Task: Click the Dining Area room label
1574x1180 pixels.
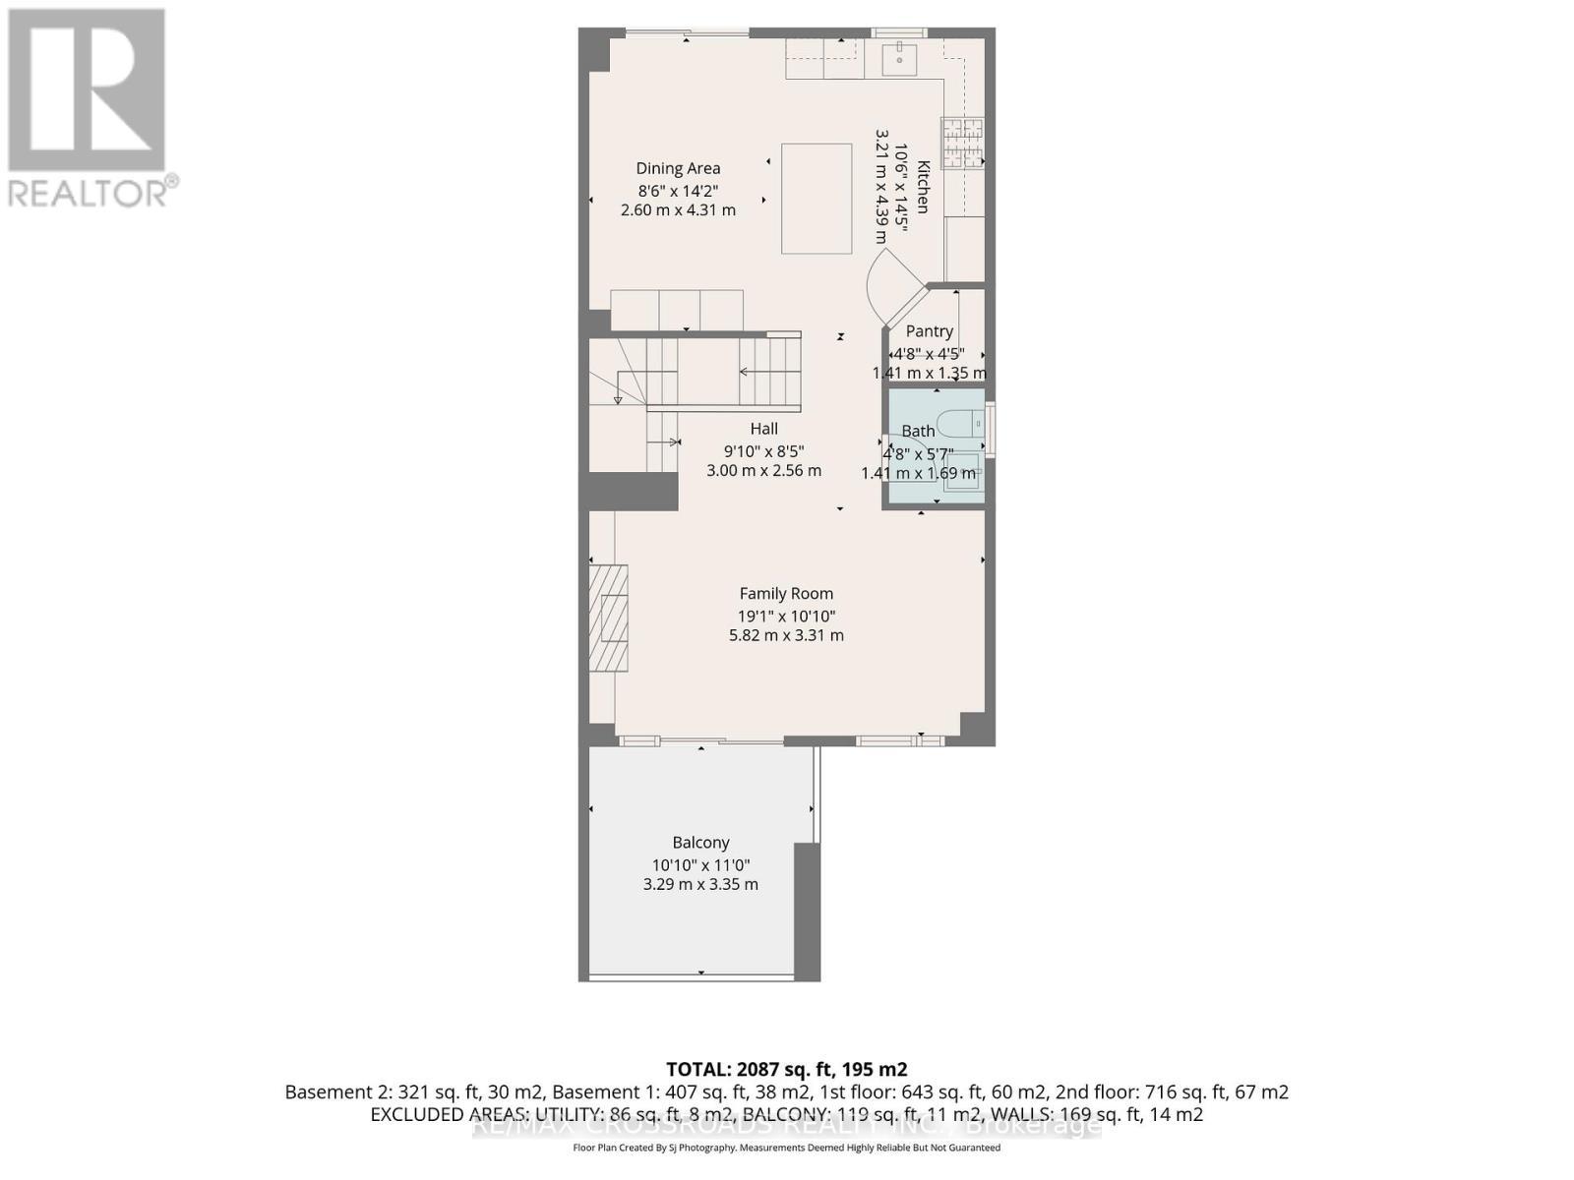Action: point(678,168)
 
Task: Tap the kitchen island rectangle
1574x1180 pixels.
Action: point(817,199)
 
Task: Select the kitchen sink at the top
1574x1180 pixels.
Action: point(900,58)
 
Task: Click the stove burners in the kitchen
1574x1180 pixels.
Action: point(962,144)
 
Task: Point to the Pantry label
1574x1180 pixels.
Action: point(930,331)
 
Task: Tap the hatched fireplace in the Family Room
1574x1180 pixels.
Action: point(608,618)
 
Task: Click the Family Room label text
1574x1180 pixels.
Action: point(786,593)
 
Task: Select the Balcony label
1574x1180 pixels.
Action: point(700,842)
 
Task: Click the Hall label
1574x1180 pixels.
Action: point(763,428)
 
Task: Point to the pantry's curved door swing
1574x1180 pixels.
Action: point(890,285)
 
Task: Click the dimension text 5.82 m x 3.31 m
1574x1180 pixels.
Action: point(786,635)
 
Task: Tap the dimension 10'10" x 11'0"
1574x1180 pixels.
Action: point(700,864)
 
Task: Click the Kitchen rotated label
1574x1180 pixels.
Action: point(923,187)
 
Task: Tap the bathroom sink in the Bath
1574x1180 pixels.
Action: point(963,470)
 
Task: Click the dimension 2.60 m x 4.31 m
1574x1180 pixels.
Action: point(678,210)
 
